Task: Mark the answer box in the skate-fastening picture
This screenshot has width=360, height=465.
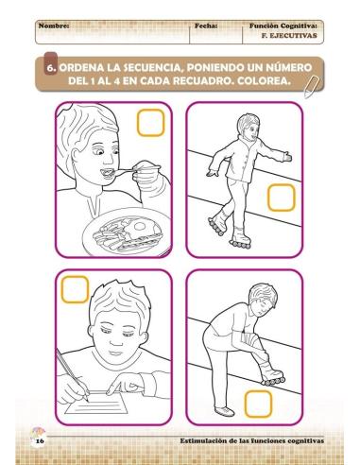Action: click(x=257, y=402)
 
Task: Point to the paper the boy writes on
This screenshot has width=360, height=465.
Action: click(x=113, y=402)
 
